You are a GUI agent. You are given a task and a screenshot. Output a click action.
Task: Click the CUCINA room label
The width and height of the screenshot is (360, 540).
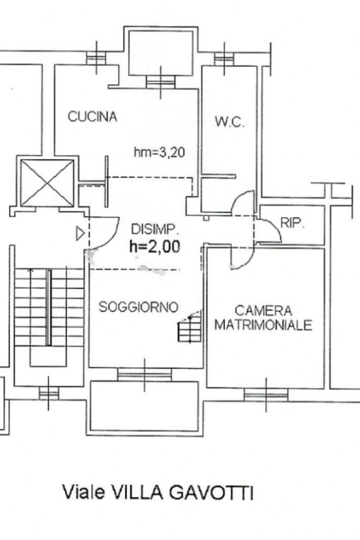(x=92, y=117)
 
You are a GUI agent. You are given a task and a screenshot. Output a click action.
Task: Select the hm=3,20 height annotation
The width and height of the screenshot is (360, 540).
(x=159, y=153)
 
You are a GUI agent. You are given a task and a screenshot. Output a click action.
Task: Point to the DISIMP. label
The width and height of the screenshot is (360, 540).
(x=155, y=229)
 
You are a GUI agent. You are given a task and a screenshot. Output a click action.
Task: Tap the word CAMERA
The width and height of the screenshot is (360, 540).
(x=263, y=311)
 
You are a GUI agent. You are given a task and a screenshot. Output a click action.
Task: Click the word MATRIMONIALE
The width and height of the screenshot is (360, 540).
(x=263, y=325)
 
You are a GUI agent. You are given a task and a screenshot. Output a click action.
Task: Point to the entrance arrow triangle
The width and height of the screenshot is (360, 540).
(x=80, y=233)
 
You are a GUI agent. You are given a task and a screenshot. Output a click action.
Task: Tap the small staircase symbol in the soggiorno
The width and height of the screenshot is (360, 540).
(x=190, y=327)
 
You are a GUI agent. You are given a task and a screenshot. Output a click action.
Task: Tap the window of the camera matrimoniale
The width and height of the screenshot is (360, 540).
(x=266, y=394)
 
